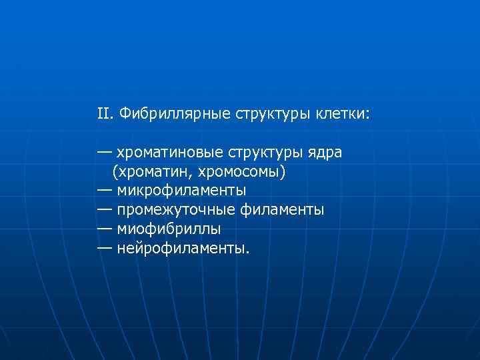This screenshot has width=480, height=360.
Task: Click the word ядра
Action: coord(326,153)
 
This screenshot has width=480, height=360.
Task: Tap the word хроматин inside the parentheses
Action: coord(149,173)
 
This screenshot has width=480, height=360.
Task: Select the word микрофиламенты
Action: coord(181,191)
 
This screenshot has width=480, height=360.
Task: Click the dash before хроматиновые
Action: coord(104,153)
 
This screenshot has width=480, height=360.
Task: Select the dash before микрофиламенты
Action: coord(104,191)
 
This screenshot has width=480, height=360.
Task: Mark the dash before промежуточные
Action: coord(104,210)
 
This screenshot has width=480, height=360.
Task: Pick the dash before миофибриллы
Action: coord(104,229)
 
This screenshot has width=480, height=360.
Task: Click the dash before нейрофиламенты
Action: coord(104,249)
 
